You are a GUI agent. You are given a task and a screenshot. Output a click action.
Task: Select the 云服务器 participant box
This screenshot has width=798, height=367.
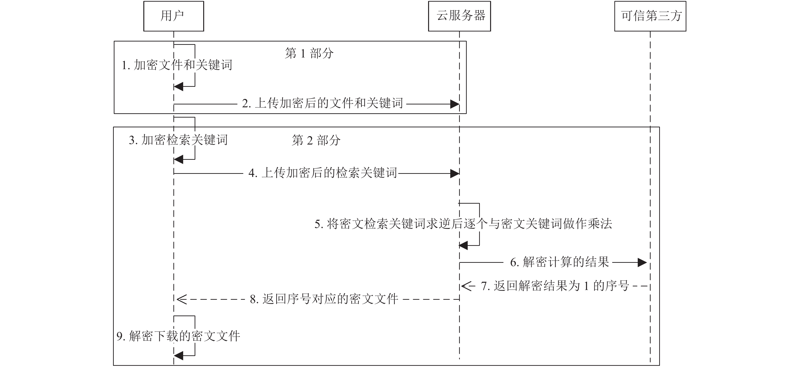pos(459,16)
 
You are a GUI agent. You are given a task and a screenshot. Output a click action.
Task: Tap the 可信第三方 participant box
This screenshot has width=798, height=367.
pos(650,16)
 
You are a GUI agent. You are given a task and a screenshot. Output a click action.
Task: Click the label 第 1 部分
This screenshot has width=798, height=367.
pos(309,53)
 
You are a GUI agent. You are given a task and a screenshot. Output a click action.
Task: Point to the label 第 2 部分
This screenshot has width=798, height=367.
pos(316,140)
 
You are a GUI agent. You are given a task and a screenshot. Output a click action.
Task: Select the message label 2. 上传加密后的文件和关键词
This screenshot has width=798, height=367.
pos(322,103)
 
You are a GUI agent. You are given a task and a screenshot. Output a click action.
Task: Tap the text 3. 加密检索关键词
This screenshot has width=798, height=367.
pos(178,140)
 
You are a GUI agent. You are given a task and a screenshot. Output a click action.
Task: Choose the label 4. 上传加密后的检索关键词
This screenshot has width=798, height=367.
pos(323,173)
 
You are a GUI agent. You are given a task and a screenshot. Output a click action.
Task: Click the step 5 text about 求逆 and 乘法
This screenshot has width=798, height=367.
pos(463,224)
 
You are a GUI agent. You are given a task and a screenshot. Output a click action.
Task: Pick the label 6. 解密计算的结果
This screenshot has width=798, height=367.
pos(560,262)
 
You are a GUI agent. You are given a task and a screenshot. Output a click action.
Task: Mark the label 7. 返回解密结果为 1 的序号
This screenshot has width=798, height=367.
pos(555,286)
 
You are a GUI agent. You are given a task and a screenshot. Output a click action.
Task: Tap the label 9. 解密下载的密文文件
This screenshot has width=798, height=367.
pos(178,336)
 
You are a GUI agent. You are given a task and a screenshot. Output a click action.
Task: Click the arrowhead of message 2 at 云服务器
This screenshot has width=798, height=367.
pos(455,104)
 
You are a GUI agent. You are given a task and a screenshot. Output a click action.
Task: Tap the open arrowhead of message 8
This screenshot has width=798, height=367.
pos(182,300)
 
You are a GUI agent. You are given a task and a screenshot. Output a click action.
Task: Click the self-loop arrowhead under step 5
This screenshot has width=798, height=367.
pos(463,246)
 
